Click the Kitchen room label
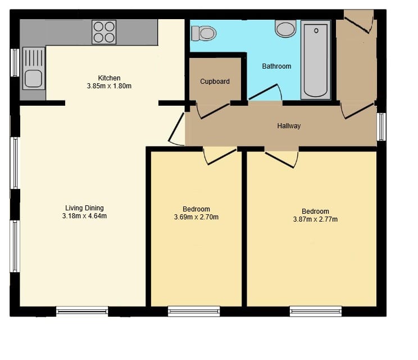coord(110,78)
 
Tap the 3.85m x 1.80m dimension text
coord(109,86)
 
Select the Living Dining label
coord(84,208)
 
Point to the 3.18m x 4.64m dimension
coord(84,216)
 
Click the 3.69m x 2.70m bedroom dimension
coord(196,217)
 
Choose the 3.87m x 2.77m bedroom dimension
coord(315,219)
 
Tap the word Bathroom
coord(276,66)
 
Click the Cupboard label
coord(215,82)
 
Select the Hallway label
coord(289,125)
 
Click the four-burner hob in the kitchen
coord(104,32)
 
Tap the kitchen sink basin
coord(33,78)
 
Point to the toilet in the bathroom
coord(204,33)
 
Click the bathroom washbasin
coord(285,28)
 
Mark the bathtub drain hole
coord(316,31)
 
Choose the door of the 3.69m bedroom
coord(222,156)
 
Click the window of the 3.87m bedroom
coord(316,311)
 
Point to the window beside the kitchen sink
coord(15,62)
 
